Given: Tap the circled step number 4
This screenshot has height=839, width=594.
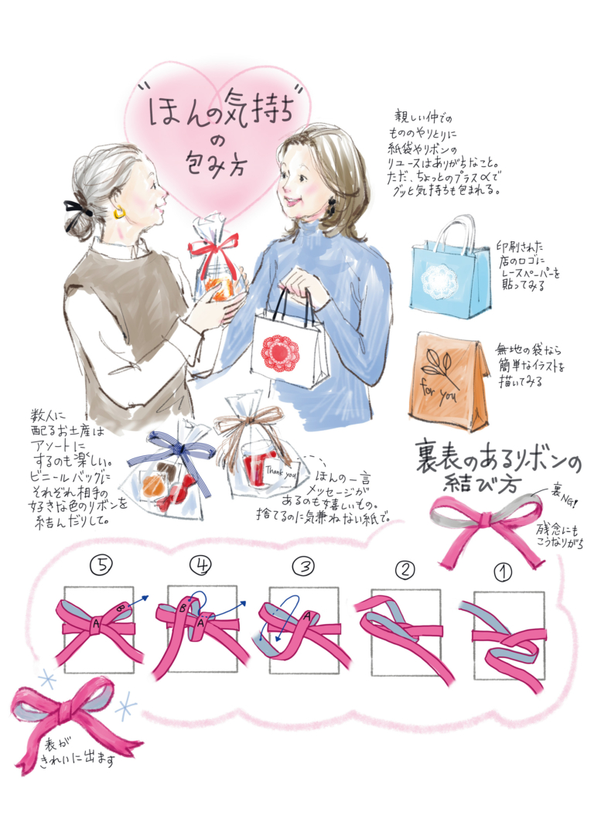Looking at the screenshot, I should [x=201, y=566].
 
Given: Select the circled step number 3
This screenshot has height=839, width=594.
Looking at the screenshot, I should [x=302, y=566].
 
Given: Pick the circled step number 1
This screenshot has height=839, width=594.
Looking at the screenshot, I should [x=504, y=572].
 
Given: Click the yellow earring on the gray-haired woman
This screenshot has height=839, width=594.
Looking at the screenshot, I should [x=120, y=212].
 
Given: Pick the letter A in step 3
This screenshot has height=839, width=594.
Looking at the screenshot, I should [x=308, y=616].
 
